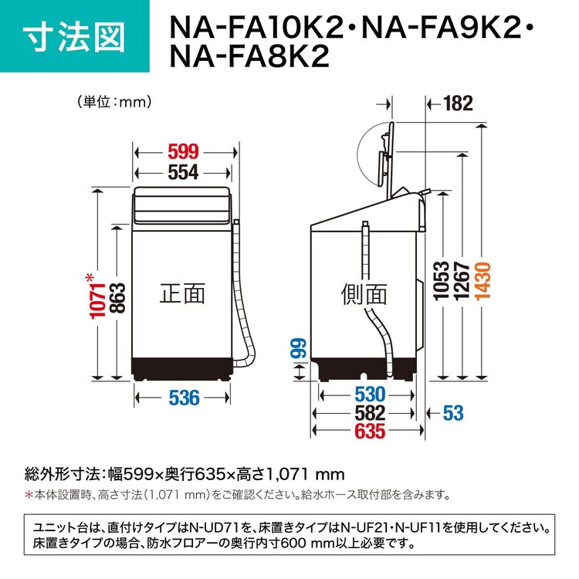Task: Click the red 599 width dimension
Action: pos(183,152)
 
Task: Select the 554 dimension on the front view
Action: pos(183,172)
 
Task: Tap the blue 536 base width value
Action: pos(184,398)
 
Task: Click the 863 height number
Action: pos(118,298)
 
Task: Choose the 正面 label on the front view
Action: pos(182,294)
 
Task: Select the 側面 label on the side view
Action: pos(364,295)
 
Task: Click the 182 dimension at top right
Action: pos(459,103)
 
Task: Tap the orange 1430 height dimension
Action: pos(482,282)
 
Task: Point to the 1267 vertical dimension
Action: pos(462,282)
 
